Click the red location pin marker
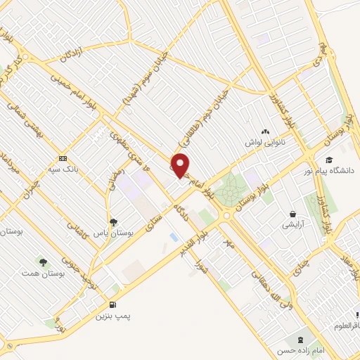pyautogui.click(x=181, y=165)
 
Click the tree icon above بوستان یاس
pyautogui.click(x=113, y=221)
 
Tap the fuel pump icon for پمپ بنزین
pyautogui.click(x=112, y=304)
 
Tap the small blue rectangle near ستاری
pyautogui.click(x=173, y=238)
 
